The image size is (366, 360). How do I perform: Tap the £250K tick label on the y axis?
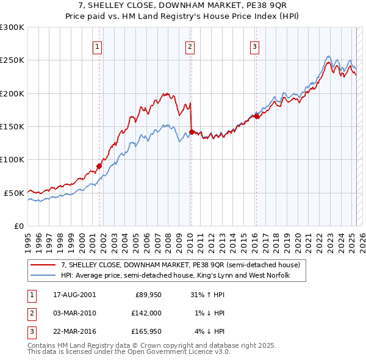coord(12,60)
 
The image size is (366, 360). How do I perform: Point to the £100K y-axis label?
coord(12,159)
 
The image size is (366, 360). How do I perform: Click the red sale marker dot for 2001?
coord(99,166)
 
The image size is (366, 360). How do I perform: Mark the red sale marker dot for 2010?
coord(192,132)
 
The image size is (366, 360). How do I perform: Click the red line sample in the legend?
coord(43,265)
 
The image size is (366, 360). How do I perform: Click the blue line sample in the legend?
coord(43,276)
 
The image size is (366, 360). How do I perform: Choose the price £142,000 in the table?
coord(147,313)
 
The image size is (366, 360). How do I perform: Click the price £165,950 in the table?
coord(147,332)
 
